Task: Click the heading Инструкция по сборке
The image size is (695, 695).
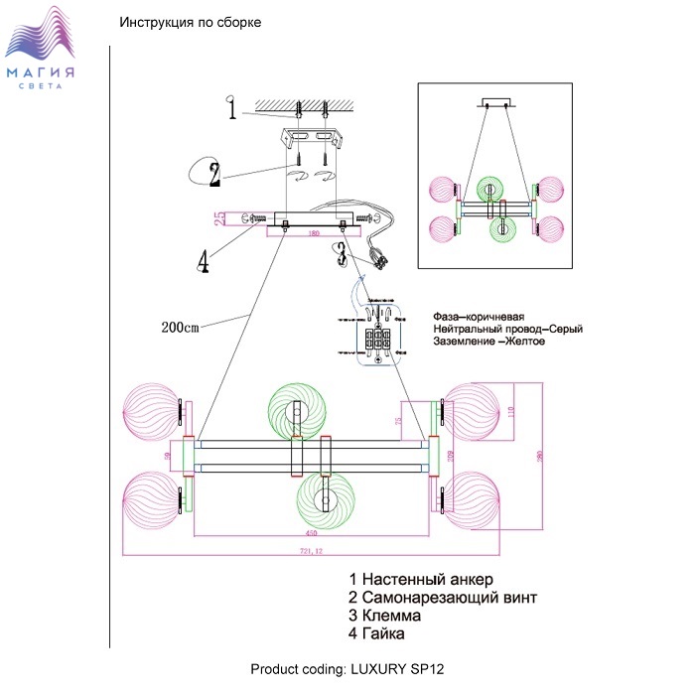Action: tap(190, 23)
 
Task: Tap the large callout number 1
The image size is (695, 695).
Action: tap(231, 109)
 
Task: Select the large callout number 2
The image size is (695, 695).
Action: tap(214, 174)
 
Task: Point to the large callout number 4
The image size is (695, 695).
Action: tap(203, 260)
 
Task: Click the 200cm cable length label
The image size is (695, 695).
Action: tap(181, 326)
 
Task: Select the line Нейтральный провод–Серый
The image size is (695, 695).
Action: tap(507, 329)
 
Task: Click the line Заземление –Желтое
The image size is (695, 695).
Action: tap(489, 342)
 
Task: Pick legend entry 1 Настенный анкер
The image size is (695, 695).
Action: tap(421, 579)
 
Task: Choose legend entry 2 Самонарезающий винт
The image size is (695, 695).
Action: tap(443, 597)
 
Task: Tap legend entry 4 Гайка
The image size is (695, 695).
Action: tap(384, 633)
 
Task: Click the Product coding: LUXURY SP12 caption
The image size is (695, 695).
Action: tap(347, 668)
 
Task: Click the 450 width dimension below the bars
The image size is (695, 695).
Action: tap(310, 534)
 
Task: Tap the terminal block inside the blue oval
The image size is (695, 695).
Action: tap(379, 338)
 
